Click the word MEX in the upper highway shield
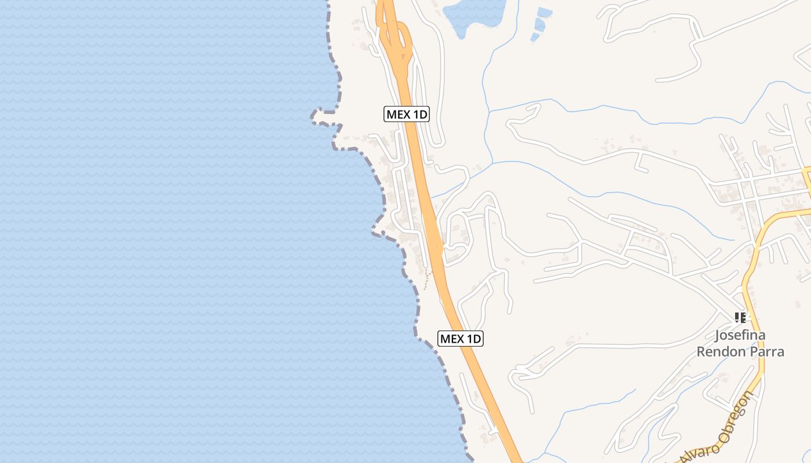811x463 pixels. click(399, 115)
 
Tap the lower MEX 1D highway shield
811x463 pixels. click(461, 339)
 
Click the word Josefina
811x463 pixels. click(740, 335)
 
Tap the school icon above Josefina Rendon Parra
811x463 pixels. click(740, 317)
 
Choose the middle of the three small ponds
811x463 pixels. click(540, 25)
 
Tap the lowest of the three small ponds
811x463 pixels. click(535, 38)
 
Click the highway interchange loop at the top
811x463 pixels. click(397, 41)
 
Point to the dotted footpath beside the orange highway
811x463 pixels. click(427, 281)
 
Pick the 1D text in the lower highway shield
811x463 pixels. click(473, 339)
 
